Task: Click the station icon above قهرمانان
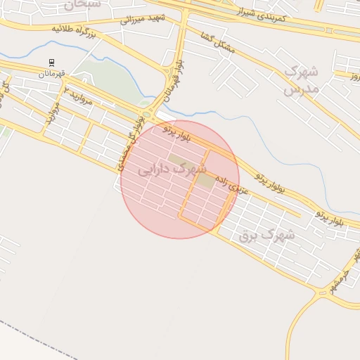click(x=51, y=63)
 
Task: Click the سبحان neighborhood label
click(x=82, y=4)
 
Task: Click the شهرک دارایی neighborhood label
click(x=172, y=169)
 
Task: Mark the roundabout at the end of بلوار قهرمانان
click(x=147, y=115)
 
